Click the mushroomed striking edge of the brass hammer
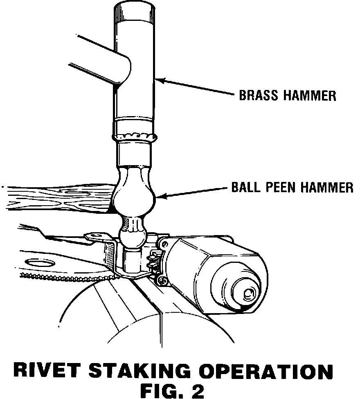(135, 136)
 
